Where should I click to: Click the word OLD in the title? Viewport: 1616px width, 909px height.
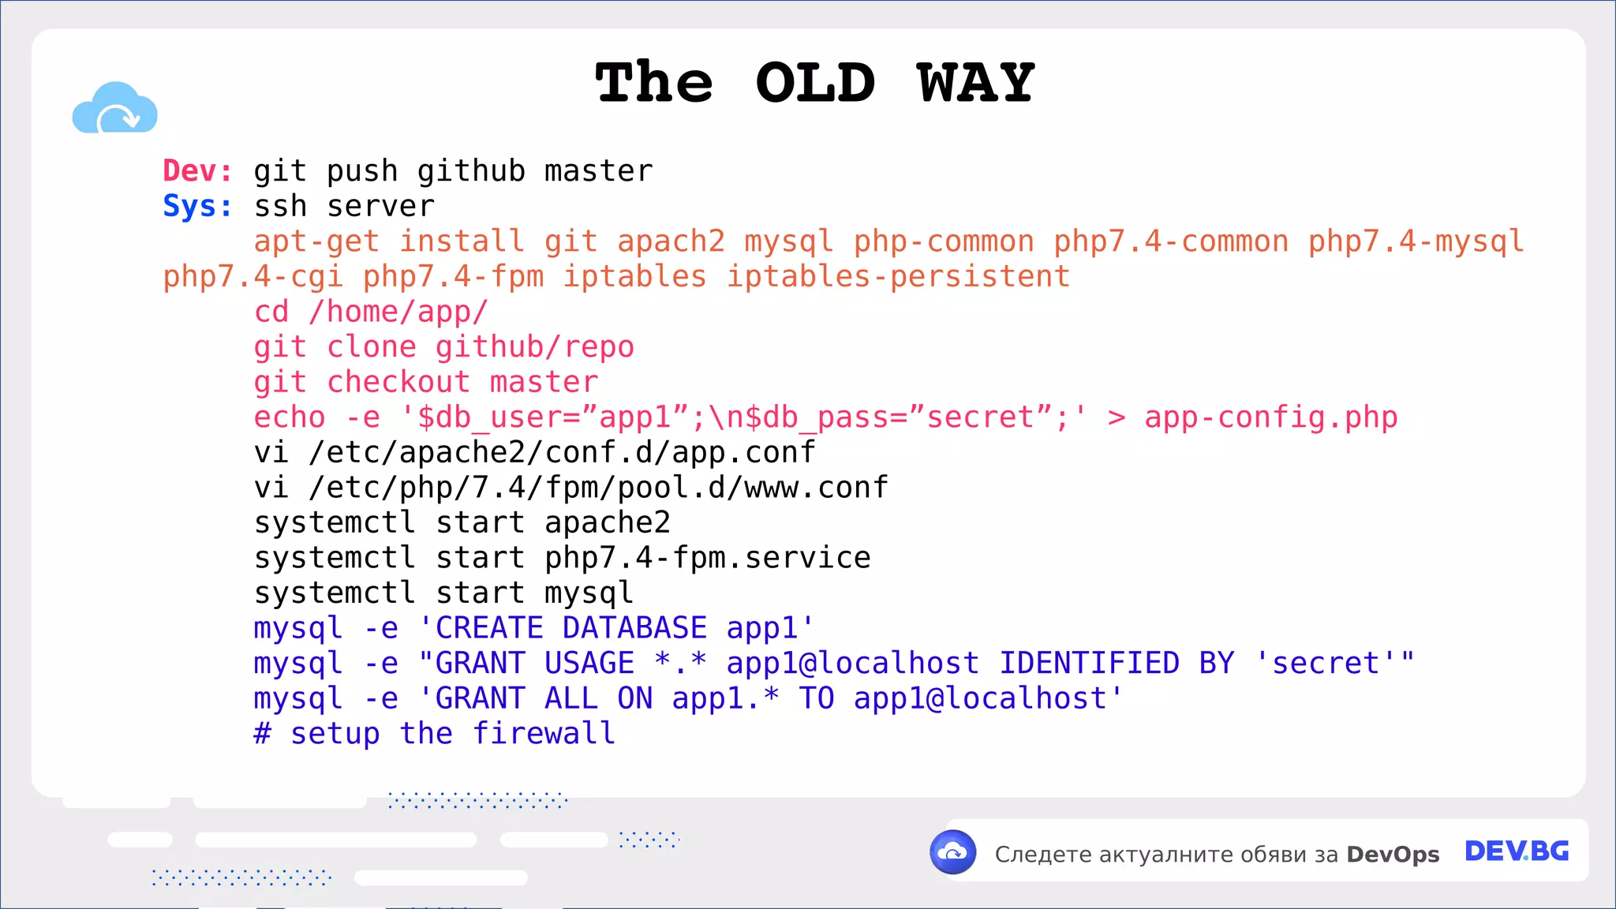815,83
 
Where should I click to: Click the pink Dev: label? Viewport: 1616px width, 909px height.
197,170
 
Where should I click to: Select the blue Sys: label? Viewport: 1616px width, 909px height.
197,206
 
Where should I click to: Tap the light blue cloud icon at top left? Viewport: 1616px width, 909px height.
115,109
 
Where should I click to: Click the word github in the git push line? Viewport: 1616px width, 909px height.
471,170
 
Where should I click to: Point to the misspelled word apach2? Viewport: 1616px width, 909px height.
671,241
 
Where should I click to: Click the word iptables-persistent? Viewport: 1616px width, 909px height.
898,277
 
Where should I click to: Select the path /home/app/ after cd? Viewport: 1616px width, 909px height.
398,312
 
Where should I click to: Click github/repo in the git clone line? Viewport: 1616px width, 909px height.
534,347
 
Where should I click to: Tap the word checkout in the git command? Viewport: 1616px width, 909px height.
398,382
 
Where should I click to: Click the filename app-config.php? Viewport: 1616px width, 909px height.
1270,417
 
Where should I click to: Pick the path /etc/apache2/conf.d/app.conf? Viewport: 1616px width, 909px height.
562,452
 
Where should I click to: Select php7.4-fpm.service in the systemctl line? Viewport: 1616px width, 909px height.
707,558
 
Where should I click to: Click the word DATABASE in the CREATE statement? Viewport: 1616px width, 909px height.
634,628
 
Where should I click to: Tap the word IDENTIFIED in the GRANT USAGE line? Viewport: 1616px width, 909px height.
1089,664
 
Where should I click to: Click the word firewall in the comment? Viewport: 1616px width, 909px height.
544,734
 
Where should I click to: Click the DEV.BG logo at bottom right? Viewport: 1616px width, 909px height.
1517,851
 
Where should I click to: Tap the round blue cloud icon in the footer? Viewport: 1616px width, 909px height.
953,852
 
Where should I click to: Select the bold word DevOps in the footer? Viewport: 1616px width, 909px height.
1393,855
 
